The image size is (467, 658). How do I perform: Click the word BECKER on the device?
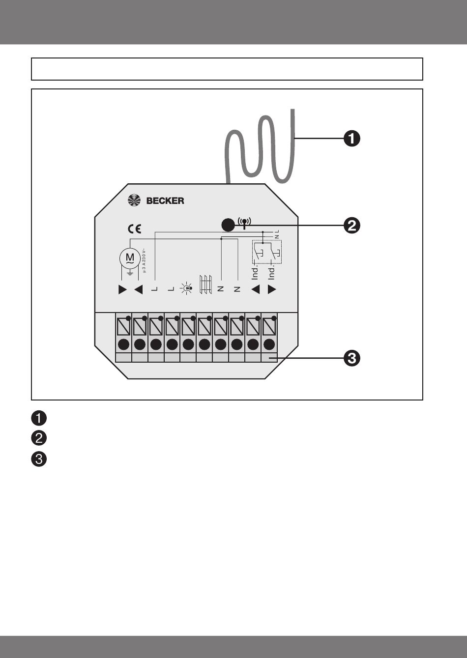(x=165, y=200)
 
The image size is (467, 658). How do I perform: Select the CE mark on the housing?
(x=134, y=229)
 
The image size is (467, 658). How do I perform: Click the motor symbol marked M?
(x=130, y=257)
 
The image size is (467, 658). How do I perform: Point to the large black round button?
(x=228, y=226)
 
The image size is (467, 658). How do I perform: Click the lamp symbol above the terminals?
(x=187, y=289)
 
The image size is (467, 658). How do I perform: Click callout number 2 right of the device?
(x=352, y=226)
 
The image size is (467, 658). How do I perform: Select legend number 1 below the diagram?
(x=39, y=419)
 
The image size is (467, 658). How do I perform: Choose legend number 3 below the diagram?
(x=39, y=459)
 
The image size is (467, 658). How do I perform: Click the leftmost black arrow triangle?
(x=122, y=289)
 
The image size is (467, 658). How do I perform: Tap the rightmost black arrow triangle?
(x=272, y=289)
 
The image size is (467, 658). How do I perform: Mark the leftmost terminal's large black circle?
(x=123, y=344)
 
